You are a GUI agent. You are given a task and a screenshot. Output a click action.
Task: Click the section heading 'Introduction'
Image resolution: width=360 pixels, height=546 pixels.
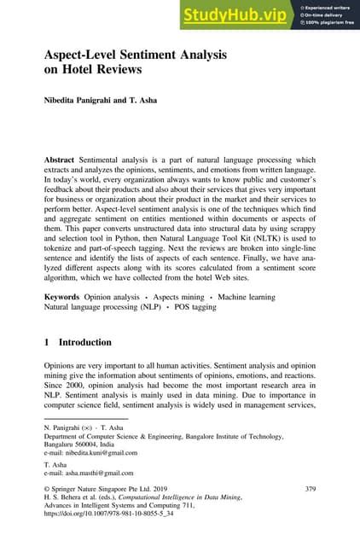tap(84, 343)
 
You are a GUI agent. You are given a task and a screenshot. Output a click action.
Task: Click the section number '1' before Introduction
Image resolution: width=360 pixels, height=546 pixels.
tap(47, 343)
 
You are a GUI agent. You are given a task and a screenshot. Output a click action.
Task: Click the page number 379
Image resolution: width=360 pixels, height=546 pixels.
tap(311, 489)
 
